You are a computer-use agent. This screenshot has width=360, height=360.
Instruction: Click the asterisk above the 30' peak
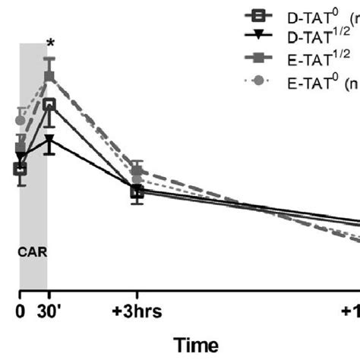49,43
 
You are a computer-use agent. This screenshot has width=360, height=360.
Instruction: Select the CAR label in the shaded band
33,255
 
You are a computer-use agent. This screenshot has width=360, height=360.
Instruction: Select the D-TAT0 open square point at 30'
49,104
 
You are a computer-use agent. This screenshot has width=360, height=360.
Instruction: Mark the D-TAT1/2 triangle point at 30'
49,141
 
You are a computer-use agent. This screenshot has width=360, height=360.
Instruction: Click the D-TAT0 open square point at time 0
21,169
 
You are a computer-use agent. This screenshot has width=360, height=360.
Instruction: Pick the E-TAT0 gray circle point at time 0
21,120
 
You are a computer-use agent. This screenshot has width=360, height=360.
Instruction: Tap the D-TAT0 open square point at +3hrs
137,192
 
